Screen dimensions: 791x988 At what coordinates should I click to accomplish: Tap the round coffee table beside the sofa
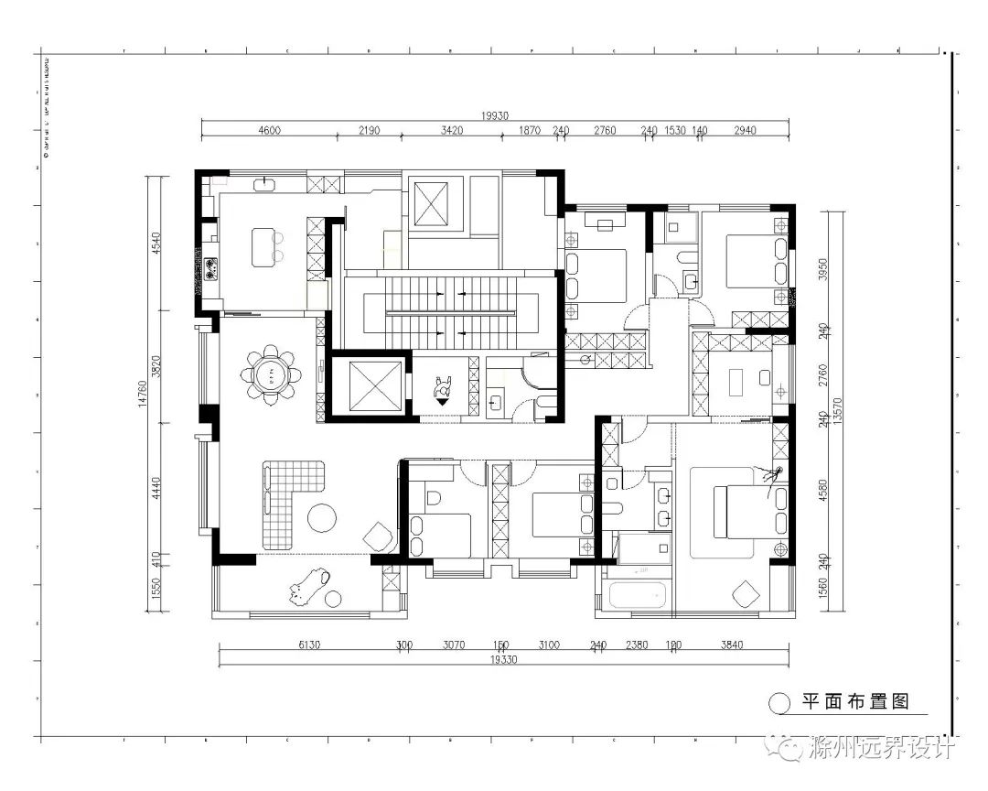[x=322, y=518]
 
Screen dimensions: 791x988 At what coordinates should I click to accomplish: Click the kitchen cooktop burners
[x=211, y=268]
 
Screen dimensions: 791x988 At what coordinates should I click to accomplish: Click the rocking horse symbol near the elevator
[x=443, y=390]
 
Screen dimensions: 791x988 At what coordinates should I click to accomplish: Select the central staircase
[x=448, y=311]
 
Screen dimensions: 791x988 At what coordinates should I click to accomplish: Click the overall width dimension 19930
[x=495, y=116]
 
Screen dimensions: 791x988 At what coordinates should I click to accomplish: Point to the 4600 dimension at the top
[x=269, y=131]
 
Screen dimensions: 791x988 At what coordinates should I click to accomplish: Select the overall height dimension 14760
[x=144, y=394]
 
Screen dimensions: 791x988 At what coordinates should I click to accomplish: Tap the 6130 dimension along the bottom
[x=309, y=645]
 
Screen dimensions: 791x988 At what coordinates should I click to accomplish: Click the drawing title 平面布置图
[x=854, y=702]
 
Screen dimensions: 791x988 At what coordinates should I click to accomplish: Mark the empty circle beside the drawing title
[x=779, y=703]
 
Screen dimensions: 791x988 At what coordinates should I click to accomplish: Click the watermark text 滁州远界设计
[x=883, y=750]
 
